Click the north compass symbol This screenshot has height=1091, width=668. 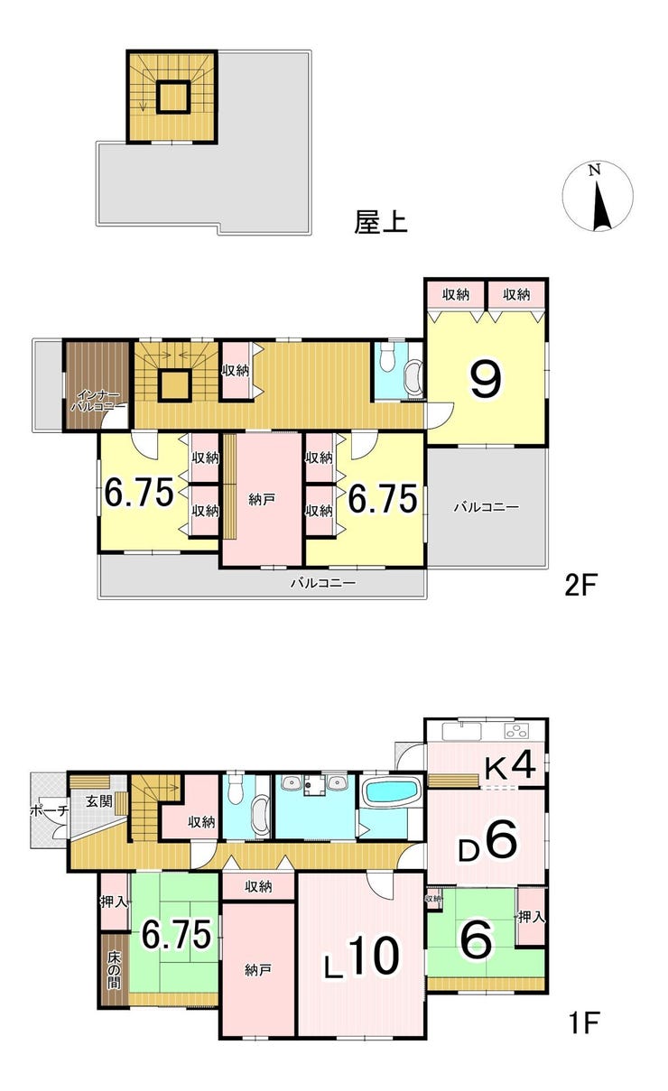click(x=598, y=196)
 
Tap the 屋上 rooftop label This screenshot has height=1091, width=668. click(x=381, y=222)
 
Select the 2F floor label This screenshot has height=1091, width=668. click(x=580, y=585)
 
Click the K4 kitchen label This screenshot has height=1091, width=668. click(x=510, y=765)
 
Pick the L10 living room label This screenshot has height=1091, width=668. click(x=362, y=957)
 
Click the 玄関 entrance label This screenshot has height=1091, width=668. click(x=99, y=800)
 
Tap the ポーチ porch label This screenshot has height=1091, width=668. click(x=49, y=811)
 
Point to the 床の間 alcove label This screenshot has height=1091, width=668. click(x=114, y=970)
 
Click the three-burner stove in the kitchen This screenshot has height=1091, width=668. click(x=517, y=731)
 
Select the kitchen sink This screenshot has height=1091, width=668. click(x=461, y=731)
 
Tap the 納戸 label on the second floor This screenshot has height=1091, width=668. click(x=262, y=499)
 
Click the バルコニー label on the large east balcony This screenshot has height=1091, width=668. click(x=487, y=507)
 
